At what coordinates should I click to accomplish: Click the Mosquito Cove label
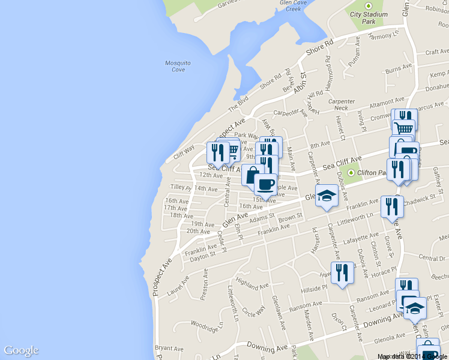[x=178, y=66]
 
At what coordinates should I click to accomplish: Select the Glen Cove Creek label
[x=293, y=5]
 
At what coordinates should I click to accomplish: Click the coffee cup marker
[x=265, y=183]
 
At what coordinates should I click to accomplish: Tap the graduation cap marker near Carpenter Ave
[x=327, y=196]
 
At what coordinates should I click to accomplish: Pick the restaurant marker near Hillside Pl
[x=342, y=272]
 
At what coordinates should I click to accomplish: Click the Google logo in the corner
[x=21, y=351]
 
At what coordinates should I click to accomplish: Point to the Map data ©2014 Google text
[x=412, y=356]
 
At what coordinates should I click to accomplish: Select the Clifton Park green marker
[x=351, y=173]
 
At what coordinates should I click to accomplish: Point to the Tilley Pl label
[x=181, y=188]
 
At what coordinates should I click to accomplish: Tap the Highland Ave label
[x=252, y=281]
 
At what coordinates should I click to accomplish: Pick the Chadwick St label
[x=419, y=198]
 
